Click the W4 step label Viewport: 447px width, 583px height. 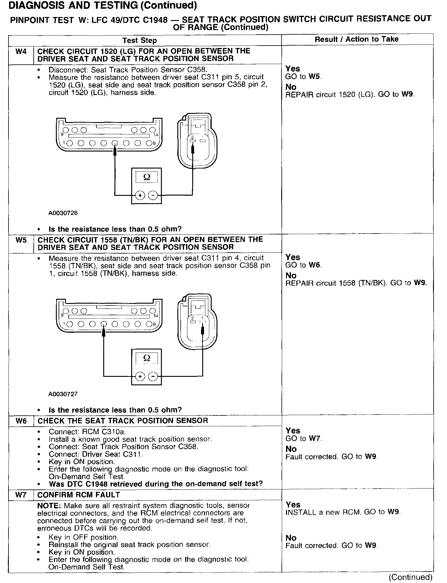[x=21, y=52]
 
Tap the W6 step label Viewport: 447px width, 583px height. [x=21, y=421]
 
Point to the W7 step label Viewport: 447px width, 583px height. [x=21, y=495]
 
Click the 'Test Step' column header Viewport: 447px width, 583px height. [x=139, y=40]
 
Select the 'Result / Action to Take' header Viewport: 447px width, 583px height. [x=357, y=39]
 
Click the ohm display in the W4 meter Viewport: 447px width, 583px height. [x=146, y=177]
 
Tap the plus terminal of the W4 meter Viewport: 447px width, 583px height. [x=140, y=196]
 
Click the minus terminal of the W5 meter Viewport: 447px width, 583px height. [x=153, y=377]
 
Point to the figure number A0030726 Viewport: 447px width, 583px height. [x=63, y=213]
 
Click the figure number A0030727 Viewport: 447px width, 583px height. [x=63, y=394]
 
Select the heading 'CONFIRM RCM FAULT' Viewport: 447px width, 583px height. [x=79, y=495]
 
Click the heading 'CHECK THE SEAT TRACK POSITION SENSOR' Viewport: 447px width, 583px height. [x=123, y=421]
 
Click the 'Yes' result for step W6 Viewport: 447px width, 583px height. [x=293, y=431]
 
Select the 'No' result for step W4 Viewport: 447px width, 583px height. [x=291, y=87]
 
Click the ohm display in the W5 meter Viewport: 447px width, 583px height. [x=146, y=358]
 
